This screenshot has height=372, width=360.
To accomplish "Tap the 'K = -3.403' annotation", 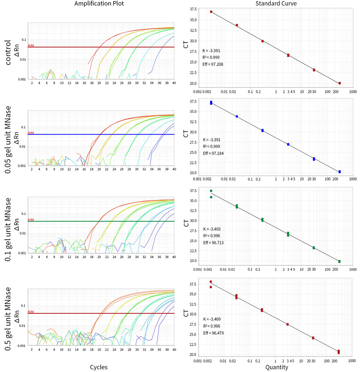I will pos(212,229).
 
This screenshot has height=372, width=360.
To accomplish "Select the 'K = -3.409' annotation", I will pos(212,319).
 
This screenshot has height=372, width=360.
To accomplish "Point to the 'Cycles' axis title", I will pos(99,367).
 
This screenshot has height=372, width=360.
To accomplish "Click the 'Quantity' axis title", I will pos(276,367).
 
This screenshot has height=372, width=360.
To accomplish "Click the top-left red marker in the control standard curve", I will pos(211,12).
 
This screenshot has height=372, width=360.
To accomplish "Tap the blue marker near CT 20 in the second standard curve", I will pos(339,172).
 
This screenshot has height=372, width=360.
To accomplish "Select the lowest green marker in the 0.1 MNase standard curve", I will pos(339,261).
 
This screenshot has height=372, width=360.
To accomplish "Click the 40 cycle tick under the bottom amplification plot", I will pos(174,349).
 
